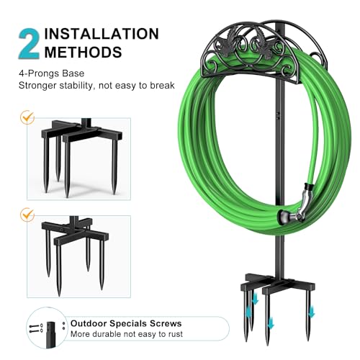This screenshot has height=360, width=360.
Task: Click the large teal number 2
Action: (29, 45)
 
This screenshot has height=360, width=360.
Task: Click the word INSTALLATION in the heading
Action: (102, 34)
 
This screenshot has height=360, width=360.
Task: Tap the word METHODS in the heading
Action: (84, 52)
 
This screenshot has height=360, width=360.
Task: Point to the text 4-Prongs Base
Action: (52, 73)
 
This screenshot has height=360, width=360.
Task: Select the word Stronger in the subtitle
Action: (37, 86)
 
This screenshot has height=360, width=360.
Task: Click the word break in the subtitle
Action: (162, 86)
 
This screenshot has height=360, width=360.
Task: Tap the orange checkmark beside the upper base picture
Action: (27, 117)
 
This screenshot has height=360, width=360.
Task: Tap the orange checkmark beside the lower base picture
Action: (27, 215)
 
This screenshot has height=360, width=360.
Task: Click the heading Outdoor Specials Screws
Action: (126, 323)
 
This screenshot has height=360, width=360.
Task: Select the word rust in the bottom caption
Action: (176, 334)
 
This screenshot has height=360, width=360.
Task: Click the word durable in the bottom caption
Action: (107, 334)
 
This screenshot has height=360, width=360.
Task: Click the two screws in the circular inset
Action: (36, 328)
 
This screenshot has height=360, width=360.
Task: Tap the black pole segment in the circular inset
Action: (51, 334)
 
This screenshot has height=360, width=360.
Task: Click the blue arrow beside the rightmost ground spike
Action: (311, 312)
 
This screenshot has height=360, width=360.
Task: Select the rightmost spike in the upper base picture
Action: (114, 167)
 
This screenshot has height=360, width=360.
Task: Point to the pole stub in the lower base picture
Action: (73, 220)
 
